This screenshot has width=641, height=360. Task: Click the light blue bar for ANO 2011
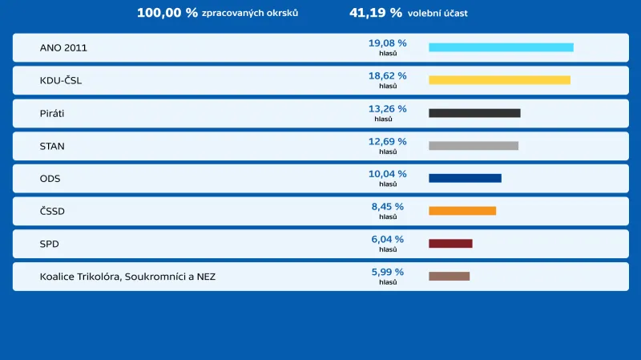501,47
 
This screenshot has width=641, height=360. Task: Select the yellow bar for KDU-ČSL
499,80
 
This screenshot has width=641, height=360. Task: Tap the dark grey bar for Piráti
474,113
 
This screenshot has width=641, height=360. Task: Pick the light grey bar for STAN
474,146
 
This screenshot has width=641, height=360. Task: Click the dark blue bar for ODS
465,178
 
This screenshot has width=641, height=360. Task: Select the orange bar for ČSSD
462,211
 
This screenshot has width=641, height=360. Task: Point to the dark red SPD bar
450,244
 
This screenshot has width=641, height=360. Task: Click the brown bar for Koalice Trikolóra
449,277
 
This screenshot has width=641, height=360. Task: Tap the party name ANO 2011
63,48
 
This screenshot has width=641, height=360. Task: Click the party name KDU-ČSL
61,81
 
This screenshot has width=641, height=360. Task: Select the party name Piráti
52,114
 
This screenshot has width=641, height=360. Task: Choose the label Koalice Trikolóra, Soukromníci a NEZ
127,277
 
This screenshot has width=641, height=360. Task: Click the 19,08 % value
387,43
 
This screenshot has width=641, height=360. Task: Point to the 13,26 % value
387,109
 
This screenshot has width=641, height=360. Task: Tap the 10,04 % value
387,174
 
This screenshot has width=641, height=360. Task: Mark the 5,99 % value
387,273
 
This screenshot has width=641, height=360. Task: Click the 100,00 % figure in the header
167,13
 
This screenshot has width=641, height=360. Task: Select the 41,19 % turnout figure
376,13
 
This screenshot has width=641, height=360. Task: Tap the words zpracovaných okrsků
250,14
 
